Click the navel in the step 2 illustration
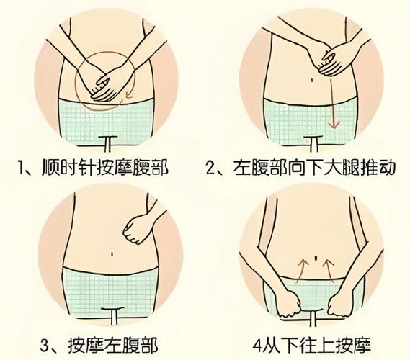pyautogui.click(x=312, y=80)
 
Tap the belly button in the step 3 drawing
pyautogui.click(x=112, y=254)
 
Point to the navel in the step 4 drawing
pyautogui.click(x=316, y=258)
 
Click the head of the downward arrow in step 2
pyautogui.click(x=334, y=125)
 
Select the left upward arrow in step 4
pyautogui.click(x=301, y=271)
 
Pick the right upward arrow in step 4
pyautogui.click(x=329, y=271)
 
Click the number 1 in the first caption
pyautogui.click(x=21, y=167)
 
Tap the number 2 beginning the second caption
pyautogui.click(x=210, y=168)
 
